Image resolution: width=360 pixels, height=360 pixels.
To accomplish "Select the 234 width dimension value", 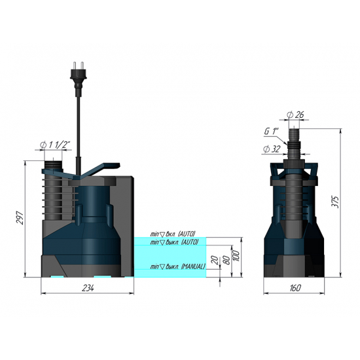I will [88, 287].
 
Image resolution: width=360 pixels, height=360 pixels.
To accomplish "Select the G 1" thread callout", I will [272, 132].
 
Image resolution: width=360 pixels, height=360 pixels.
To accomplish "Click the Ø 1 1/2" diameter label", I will [56, 145].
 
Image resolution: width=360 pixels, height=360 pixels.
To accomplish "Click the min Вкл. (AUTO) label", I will [173, 234].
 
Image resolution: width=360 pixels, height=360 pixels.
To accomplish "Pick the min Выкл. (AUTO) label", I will [174, 242].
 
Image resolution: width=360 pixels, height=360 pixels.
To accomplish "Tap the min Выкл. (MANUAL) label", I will [178, 266].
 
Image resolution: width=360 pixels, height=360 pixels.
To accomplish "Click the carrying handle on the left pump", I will [98, 169].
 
